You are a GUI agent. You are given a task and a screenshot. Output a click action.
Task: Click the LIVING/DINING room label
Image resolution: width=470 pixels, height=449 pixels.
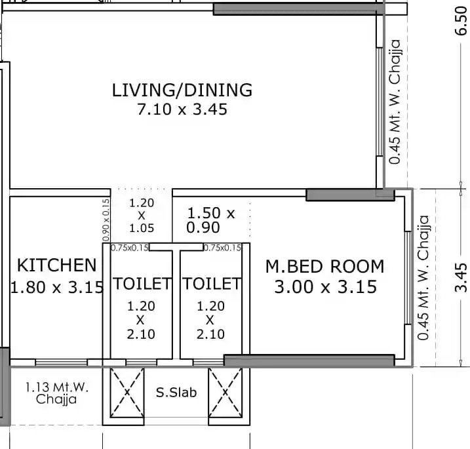pyautogui.click(x=182, y=90)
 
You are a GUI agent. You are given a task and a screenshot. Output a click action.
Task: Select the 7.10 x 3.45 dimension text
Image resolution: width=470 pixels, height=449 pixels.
pyautogui.click(x=182, y=109)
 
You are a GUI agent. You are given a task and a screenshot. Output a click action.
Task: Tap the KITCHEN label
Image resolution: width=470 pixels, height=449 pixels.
pyautogui.click(x=56, y=265)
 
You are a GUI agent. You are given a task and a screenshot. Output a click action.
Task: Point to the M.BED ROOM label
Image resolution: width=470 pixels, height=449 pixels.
pyautogui.click(x=324, y=267)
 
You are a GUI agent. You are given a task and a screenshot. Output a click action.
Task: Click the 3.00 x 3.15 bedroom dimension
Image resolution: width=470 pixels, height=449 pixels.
pyautogui.click(x=326, y=287)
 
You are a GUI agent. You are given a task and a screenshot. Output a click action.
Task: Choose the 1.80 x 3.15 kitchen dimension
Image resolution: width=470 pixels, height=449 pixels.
pyautogui.click(x=57, y=287)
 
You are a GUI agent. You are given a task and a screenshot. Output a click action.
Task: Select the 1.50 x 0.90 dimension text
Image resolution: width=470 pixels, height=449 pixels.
pyautogui.click(x=210, y=220)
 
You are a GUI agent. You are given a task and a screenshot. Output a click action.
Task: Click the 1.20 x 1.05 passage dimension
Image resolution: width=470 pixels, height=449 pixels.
pyautogui.click(x=142, y=216)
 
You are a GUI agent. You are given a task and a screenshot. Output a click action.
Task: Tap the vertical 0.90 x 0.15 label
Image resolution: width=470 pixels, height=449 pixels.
pyautogui.click(x=106, y=220)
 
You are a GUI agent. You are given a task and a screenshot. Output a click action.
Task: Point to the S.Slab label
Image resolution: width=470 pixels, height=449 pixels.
pyautogui.click(x=176, y=393)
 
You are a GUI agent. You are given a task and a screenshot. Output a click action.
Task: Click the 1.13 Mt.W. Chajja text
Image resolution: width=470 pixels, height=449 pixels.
pyautogui.click(x=56, y=393)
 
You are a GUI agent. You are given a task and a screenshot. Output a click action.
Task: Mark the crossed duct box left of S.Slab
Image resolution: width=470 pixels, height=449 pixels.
pyautogui.click(x=127, y=393)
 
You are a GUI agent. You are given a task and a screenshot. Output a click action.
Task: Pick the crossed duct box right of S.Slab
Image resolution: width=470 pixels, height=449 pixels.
pyautogui.click(x=225, y=393)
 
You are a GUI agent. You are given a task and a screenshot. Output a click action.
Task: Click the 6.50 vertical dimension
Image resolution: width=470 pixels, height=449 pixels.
pyautogui.click(x=461, y=21)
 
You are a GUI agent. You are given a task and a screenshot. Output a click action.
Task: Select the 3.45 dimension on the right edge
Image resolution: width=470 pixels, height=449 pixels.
pyautogui.click(x=461, y=277)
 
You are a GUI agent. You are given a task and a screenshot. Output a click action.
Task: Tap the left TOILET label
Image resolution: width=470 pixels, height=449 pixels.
pyautogui.click(x=142, y=284)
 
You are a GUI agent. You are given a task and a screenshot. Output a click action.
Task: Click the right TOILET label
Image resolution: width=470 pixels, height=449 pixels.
pyautogui.click(x=212, y=284)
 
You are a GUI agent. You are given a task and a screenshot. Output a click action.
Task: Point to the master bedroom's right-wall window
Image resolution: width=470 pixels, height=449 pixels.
pyautogui.click(x=408, y=278)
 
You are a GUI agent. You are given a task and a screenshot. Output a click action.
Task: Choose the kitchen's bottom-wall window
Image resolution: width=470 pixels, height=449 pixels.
pyautogui.click(x=62, y=362)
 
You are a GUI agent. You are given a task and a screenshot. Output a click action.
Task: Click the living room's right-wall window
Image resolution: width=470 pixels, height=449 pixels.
pyautogui.click(x=380, y=102)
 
